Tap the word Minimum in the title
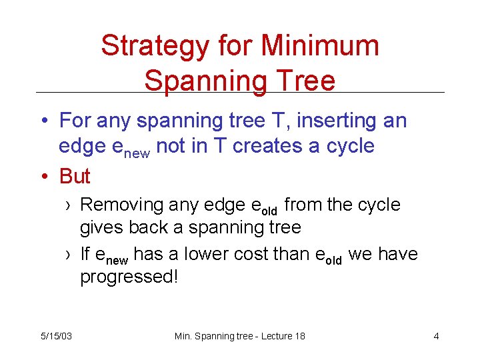[x=320, y=47]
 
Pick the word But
[x=75, y=176]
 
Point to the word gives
[x=101, y=228]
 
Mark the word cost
[x=257, y=254]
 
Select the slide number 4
[x=436, y=336]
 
